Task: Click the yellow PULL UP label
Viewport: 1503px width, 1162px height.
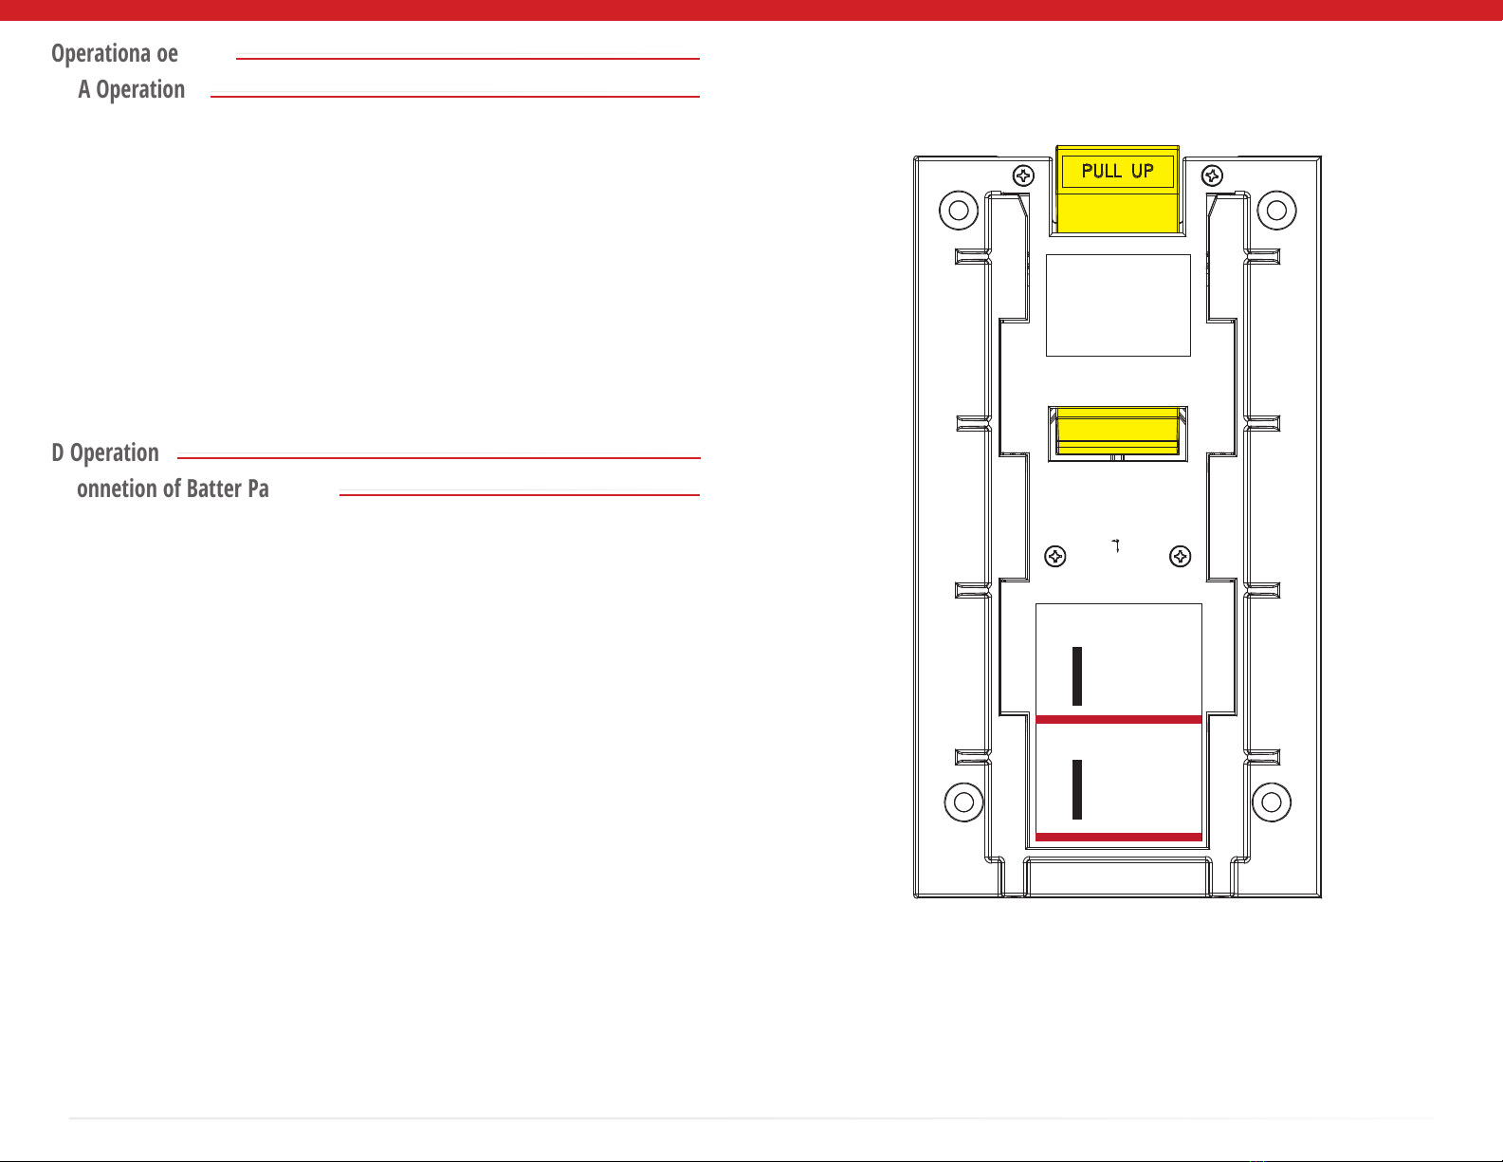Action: [1117, 172]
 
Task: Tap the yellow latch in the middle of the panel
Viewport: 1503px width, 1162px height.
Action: [1117, 432]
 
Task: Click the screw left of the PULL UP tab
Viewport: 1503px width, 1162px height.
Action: [1023, 175]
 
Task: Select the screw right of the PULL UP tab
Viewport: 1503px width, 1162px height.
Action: [1212, 175]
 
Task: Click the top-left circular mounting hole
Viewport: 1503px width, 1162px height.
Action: [959, 210]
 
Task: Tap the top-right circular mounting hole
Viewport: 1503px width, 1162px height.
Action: [1276, 210]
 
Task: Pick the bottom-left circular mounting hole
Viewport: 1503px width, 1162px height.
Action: [963, 802]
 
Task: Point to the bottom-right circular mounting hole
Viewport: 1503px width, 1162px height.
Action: [1272, 802]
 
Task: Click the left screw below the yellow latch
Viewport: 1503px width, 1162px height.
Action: [1054, 557]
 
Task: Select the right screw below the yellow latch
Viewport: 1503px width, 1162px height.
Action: [1180, 557]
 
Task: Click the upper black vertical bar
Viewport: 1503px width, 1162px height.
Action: [1077, 676]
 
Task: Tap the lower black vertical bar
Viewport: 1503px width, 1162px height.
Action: [1077, 789]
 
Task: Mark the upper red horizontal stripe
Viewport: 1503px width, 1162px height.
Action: [1119, 720]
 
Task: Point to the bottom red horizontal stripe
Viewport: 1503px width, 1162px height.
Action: [1119, 837]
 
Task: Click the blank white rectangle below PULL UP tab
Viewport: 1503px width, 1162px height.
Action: [1118, 304]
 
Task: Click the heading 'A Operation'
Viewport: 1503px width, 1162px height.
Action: [132, 90]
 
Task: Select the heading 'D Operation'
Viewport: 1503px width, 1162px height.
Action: [105, 453]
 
